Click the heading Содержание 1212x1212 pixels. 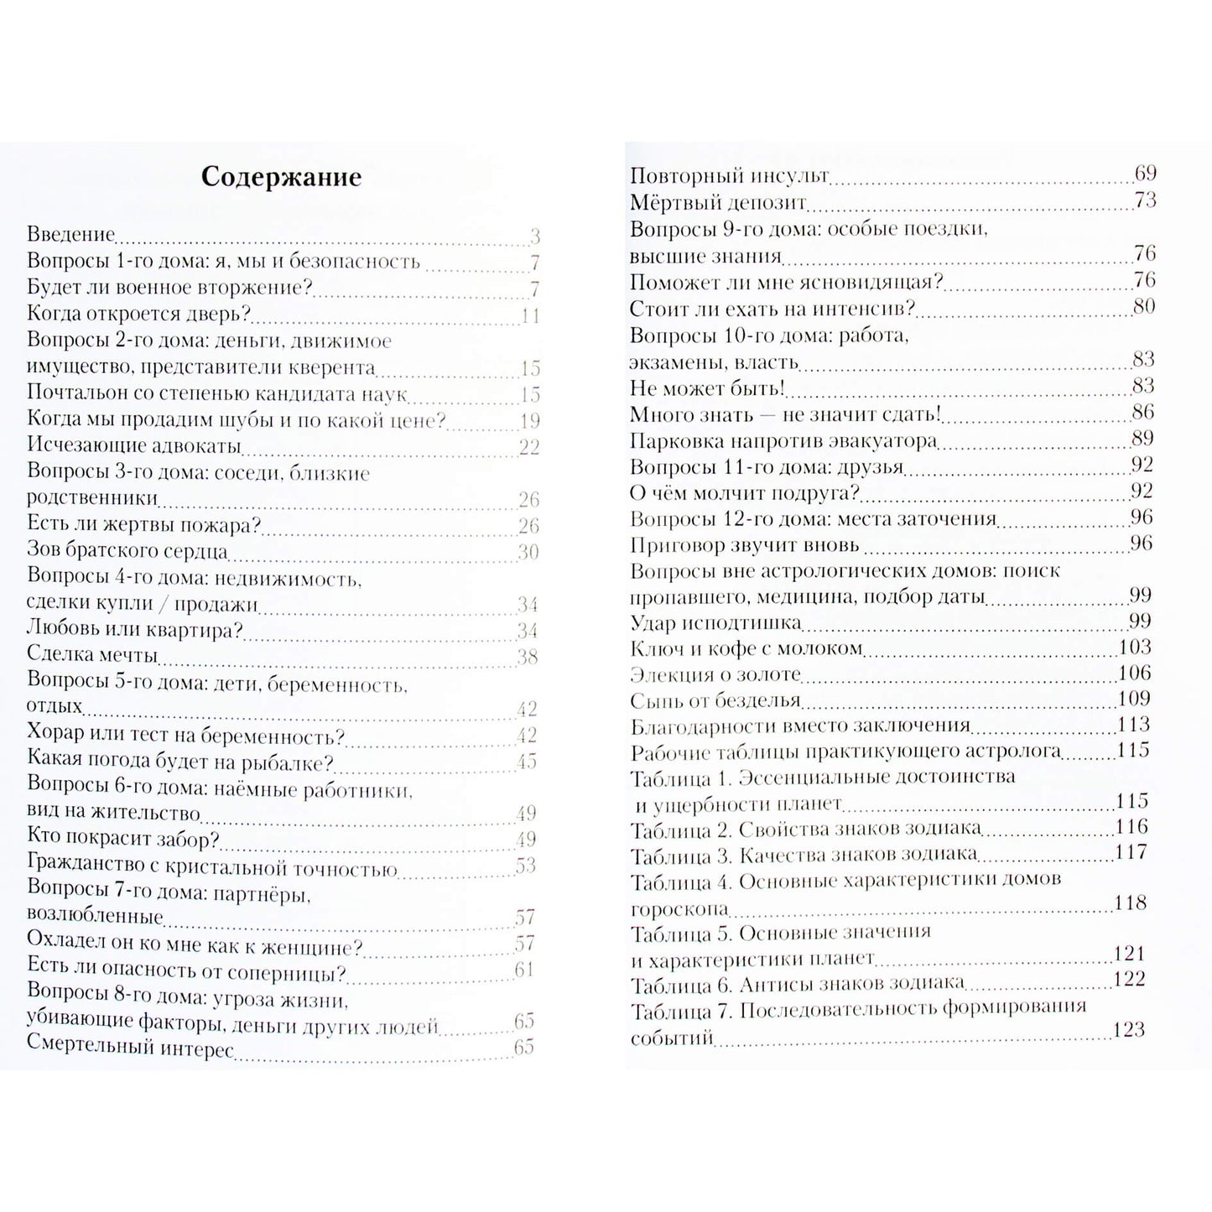click(x=281, y=178)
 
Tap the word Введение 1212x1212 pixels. click(x=70, y=235)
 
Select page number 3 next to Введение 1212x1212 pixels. click(x=534, y=236)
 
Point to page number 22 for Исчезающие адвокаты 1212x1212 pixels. click(x=528, y=446)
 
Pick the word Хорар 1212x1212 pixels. click(x=55, y=735)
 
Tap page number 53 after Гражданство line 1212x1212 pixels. click(x=525, y=865)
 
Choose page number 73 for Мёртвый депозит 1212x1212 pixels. click(x=1144, y=200)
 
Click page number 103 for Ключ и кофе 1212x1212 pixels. click(x=1135, y=647)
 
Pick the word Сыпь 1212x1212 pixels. click(x=653, y=700)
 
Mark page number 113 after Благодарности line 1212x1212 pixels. click(x=1134, y=725)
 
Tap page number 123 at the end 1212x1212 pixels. click(x=1129, y=1030)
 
